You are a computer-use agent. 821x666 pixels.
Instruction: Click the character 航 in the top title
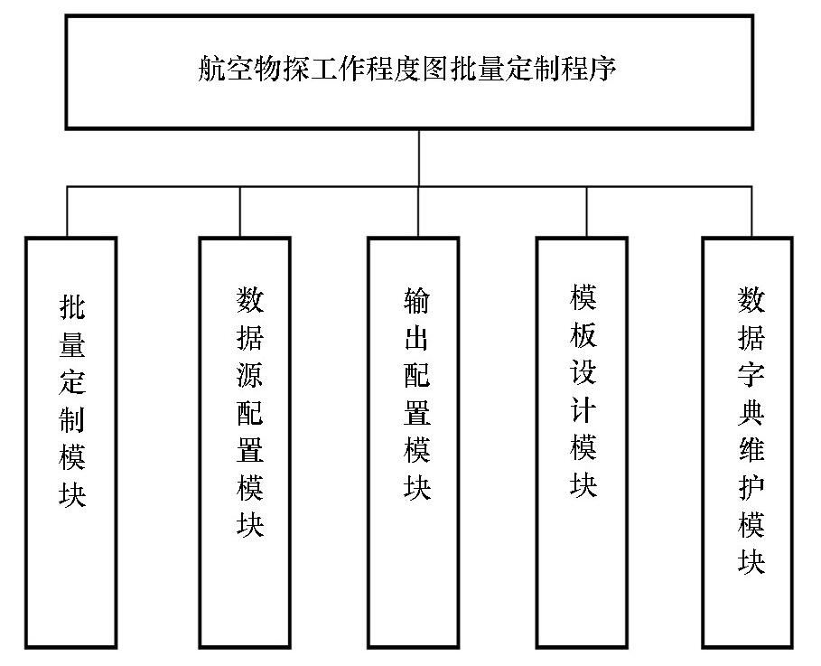[x=211, y=69]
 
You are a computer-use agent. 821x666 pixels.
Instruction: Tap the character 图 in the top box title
[x=435, y=69]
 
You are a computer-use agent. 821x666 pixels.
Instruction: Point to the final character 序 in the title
[x=602, y=69]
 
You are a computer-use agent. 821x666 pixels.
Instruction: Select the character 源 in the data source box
[x=250, y=374]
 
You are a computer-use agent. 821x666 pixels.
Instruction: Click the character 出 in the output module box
[x=417, y=337]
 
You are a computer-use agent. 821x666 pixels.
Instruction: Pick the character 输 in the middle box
[x=417, y=300]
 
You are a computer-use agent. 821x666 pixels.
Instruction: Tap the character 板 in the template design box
[x=583, y=334]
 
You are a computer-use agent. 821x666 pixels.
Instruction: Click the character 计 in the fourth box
[x=583, y=408]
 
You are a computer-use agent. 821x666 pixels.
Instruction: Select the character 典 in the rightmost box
[x=751, y=412]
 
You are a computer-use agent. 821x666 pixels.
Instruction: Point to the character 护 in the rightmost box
[x=751, y=486]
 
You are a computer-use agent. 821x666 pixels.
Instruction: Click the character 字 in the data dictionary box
[x=751, y=374]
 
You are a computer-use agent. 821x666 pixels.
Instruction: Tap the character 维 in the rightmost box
[x=751, y=449]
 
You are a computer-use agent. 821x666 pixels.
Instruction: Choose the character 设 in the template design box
[x=583, y=371]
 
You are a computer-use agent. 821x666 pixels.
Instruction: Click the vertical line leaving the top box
[x=419, y=158]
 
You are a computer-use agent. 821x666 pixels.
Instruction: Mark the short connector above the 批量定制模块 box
[x=67, y=211]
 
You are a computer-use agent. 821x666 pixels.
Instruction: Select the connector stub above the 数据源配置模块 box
[x=240, y=211]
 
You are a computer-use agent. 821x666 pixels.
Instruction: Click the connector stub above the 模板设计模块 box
[x=586, y=211]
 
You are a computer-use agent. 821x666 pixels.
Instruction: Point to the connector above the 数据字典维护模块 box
[x=751, y=211]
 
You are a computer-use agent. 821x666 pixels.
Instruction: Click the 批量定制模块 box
[x=26, y=443]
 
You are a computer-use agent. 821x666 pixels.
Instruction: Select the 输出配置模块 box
[x=369, y=443]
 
